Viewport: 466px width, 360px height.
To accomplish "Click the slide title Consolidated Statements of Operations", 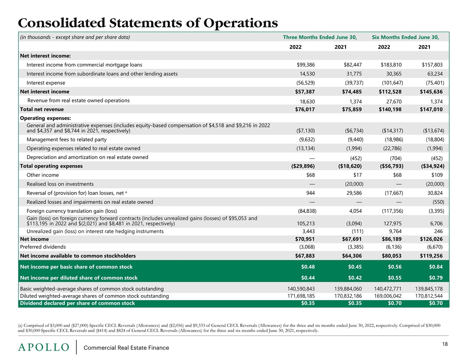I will (148, 22).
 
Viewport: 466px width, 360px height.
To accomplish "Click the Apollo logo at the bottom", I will (43, 347).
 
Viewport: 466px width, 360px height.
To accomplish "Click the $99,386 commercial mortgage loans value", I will (305, 64).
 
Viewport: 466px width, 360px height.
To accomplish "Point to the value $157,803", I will (432, 64).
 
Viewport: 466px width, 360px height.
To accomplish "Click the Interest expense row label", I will (46, 82).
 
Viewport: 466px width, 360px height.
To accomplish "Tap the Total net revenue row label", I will (42, 109).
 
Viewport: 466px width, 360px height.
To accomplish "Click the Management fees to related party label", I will (67, 139).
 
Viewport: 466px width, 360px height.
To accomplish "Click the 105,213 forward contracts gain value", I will (305, 224).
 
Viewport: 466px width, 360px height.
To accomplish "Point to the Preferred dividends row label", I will (43, 247).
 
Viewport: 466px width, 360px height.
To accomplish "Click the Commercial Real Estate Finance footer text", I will (126, 348).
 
